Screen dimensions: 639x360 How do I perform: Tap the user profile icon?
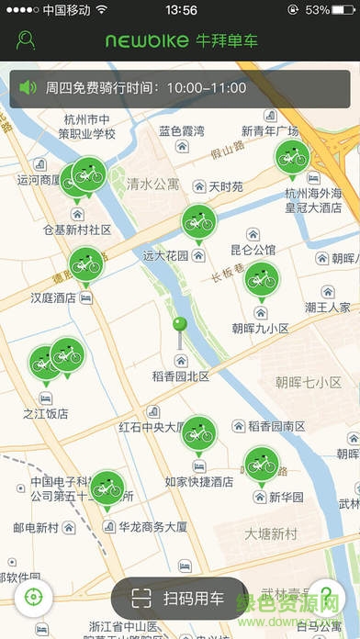(26, 40)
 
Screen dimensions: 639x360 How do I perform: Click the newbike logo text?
(146, 41)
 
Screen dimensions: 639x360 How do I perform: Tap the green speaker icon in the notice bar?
(28, 88)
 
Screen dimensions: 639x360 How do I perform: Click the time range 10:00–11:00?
(207, 88)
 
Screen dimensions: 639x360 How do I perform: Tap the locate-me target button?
(33, 597)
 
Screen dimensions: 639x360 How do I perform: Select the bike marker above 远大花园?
(197, 221)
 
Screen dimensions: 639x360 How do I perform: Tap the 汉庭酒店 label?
(53, 298)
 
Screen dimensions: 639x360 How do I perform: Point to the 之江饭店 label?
(46, 414)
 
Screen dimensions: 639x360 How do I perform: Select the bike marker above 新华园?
(261, 463)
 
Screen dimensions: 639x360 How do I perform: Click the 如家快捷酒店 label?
(198, 481)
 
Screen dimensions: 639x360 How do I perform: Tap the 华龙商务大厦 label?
(153, 527)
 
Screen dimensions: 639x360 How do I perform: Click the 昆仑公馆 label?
(253, 250)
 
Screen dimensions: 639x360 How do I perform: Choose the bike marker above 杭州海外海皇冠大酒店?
(292, 156)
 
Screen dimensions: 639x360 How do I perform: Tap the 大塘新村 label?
(271, 533)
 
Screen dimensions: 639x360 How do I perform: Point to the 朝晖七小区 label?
(308, 382)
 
